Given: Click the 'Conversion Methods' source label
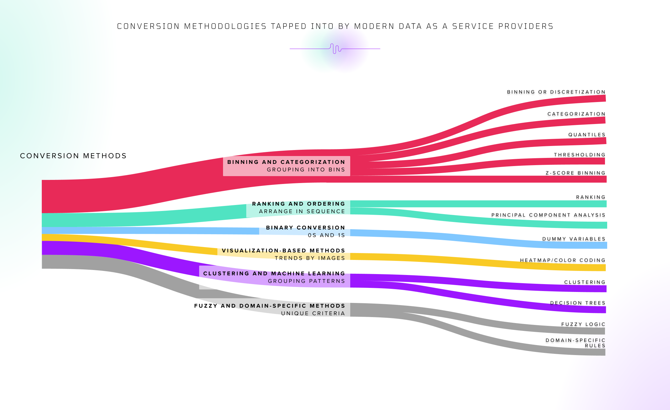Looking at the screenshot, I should (x=73, y=156).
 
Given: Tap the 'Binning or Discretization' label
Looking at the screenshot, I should (x=556, y=92).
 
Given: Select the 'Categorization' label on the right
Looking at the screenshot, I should (x=576, y=114).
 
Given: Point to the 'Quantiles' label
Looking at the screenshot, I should (x=586, y=135).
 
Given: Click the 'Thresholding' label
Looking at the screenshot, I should (x=579, y=155).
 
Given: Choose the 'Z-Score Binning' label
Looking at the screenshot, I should (x=575, y=173).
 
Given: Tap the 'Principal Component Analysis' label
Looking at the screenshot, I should (x=548, y=215).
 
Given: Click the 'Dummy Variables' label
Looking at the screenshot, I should (x=574, y=239).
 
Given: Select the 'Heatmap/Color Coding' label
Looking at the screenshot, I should (x=562, y=260).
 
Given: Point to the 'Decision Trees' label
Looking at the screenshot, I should (x=577, y=303).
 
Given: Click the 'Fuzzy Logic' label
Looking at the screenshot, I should (x=583, y=324).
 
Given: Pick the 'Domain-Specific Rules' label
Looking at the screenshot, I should (x=575, y=343).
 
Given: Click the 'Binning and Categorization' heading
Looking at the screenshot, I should (x=286, y=162).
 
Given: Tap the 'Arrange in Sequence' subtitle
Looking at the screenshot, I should (x=302, y=211).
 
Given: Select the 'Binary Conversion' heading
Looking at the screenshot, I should (x=305, y=228).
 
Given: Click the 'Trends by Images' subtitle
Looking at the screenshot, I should (x=310, y=258).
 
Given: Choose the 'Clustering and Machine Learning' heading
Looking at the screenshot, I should (x=274, y=273).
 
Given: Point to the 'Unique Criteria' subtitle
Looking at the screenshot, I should (x=313, y=313).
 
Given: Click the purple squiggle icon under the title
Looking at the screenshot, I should (x=335, y=49).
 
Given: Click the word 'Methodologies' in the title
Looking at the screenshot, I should (x=225, y=26).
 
